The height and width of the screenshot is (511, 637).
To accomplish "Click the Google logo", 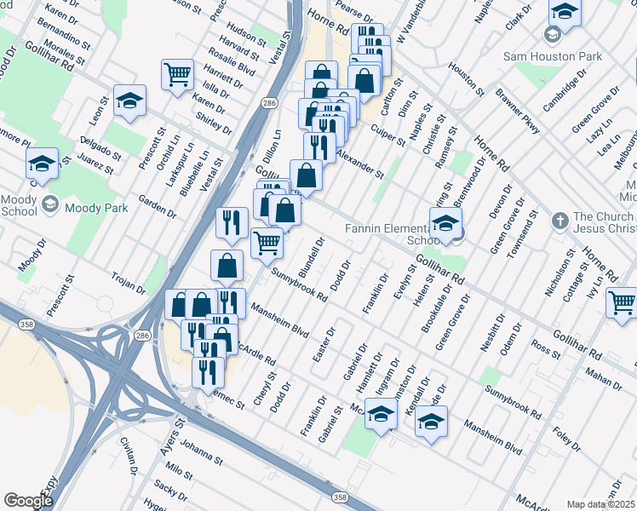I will click(x=28, y=501).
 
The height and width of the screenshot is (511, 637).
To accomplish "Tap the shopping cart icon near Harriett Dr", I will click(x=178, y=75).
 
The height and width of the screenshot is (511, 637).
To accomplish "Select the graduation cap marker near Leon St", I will click(x=129, y=101).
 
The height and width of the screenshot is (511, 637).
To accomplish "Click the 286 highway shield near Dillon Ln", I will click(x=269, y=102).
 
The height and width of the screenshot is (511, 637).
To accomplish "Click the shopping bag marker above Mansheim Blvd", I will click(x=227, y=267).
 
